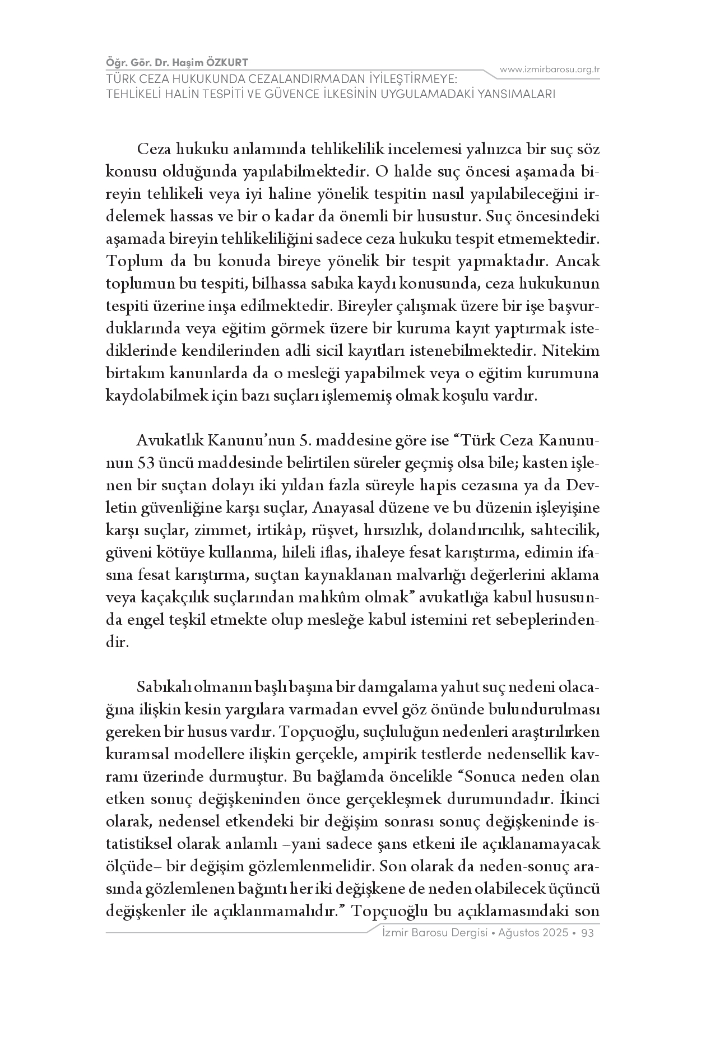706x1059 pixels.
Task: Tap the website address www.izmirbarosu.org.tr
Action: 550,69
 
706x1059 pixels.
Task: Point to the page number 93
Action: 588,933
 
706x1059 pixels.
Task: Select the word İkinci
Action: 580,798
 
